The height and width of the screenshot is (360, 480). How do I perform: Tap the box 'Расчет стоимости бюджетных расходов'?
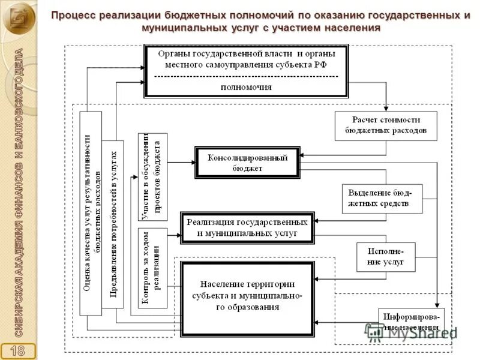tap(386, 125)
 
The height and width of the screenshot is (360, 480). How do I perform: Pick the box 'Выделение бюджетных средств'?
tap(382, 199)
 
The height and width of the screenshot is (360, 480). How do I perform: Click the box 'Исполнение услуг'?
tap(386, 257)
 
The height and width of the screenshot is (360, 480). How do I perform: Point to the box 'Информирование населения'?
tap(411, 322)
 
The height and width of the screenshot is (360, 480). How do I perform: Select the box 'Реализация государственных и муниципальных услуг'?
tap(247, 227)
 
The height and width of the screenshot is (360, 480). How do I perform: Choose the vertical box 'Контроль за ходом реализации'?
tap(152, 268)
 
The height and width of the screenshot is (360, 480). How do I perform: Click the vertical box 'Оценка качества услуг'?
tap(91, 213)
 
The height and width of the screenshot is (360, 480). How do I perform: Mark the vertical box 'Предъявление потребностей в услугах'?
tap(113, 224)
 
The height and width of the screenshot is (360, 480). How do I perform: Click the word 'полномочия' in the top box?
tap(246, 86)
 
